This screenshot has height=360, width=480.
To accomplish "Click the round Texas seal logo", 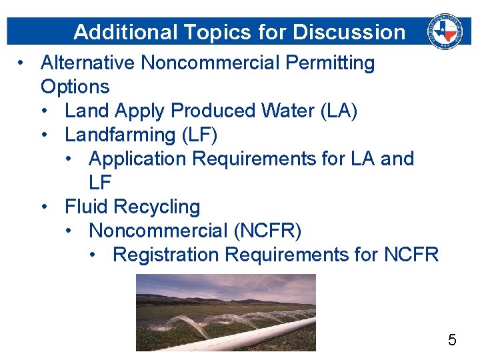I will (x=445, y=30).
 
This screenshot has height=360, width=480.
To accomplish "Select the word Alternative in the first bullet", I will (x=88, y=63).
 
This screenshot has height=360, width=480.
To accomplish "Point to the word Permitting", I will (x=330, y=63).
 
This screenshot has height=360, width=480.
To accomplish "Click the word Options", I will (x=75, y=87).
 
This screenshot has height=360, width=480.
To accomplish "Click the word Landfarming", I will (x=120, y=135).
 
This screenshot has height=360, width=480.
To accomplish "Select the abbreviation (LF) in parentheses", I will (x=199, y=135).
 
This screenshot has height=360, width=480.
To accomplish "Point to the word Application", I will (x=137, y=159).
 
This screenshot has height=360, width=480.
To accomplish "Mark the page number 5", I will (x=452, y=341).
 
